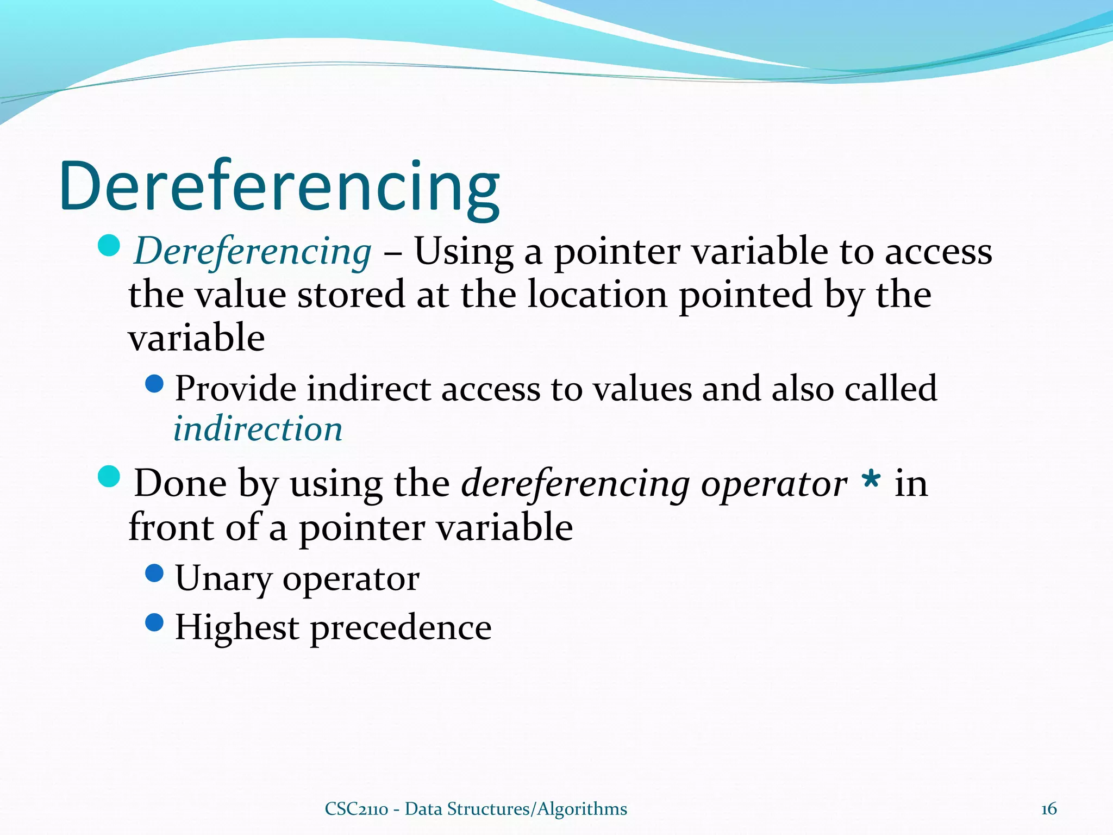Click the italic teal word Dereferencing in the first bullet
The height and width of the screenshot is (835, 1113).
(253, 252)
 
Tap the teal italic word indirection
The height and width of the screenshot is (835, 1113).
(258, 428)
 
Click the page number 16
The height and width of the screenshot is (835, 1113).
(1048, 809)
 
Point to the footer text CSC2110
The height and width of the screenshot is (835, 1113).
(356, 809)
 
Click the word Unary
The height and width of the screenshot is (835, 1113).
(223, 578)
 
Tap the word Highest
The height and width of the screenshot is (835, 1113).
(237, 627)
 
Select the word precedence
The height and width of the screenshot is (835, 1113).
(401, 628)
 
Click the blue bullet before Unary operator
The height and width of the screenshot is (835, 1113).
(155, 573)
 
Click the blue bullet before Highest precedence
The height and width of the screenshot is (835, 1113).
(155, 622)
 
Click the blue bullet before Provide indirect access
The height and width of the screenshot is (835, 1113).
(155, 384)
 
